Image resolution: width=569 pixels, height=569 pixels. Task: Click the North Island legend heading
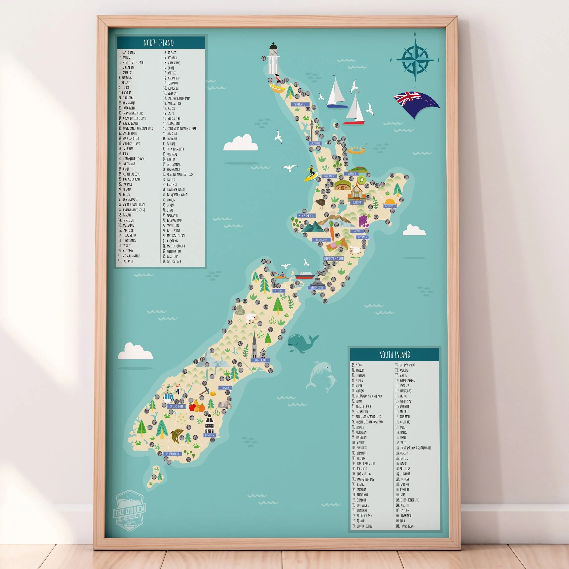[x=158, y=43]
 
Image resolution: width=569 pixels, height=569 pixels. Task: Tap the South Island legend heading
[x=395, y=355]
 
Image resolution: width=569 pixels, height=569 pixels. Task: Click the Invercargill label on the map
[x=172, y=454]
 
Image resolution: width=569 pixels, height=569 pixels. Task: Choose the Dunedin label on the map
[x=209, y=435]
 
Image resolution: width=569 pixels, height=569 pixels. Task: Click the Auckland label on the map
[x=315, y=143]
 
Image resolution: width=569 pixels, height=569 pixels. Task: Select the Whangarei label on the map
[x=300, y=104]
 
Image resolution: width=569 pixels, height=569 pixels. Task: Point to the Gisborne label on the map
[x=390, y=206]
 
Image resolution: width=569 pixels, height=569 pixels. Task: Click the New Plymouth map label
[x=306, y=215]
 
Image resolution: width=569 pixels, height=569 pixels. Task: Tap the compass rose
[x=415, y=60]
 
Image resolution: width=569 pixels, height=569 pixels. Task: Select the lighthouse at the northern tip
[x=273, y=59]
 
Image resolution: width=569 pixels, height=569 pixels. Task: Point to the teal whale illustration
[x=301, y=343]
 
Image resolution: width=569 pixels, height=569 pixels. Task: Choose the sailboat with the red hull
[x=355, y=110]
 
